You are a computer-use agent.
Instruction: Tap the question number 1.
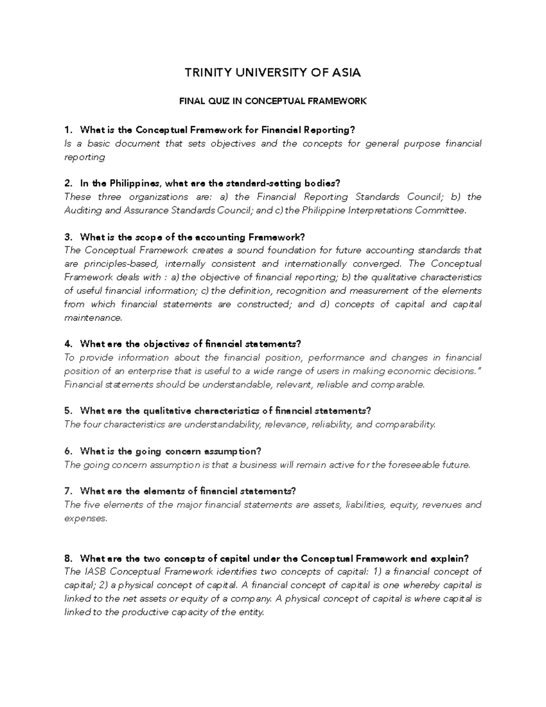click(x=68, y=130)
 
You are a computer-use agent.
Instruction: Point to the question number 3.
click(x=68, y=237)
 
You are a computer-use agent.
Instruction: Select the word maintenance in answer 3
click(x=93, y=318)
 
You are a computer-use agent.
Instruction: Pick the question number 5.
click(x=68, y=411)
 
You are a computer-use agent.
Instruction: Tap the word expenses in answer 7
click(x=86, y=519)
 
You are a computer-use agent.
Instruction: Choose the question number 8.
click(x=68, y=559)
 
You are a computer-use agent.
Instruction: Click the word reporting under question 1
click(x=85, y=157)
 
